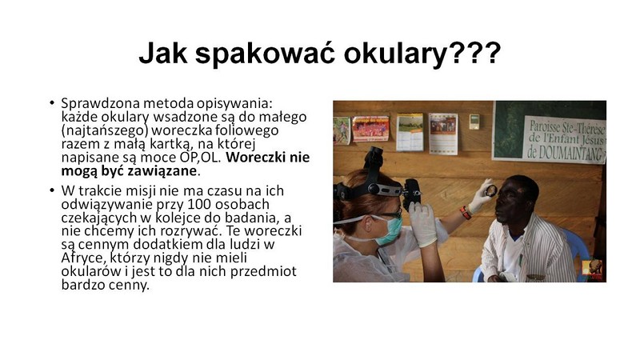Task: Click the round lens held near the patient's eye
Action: (x=491, y=190)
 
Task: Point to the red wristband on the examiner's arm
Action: (x=465, y=213)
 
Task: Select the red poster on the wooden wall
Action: (x=370, y=129)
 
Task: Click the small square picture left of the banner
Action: (x=474, y=122)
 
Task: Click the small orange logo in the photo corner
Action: (x=592, y=270)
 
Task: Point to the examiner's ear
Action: (x=368, y=223)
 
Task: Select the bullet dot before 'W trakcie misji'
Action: (x=52, y=190)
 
